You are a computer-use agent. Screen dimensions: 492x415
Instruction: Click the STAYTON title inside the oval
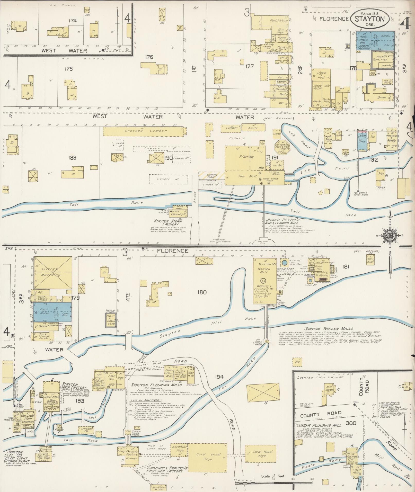[x=370, y=19]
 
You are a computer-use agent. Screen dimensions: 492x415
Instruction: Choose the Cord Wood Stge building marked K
[x=207, y=457]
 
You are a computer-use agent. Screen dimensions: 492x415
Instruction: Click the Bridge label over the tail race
[x=195, y=197]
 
